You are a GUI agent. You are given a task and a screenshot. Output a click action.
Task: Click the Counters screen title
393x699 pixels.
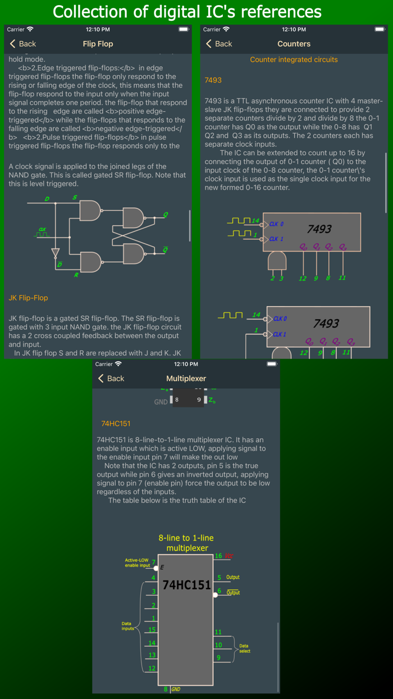point(294,44)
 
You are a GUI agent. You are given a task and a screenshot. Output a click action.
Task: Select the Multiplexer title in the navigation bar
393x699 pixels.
point(186,379)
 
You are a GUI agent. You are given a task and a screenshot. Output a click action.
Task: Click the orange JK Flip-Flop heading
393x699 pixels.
point(28,298)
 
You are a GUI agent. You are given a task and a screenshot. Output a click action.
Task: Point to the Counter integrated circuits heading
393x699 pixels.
point(294,60)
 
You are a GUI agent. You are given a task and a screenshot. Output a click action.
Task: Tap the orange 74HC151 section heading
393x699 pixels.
point(116,423)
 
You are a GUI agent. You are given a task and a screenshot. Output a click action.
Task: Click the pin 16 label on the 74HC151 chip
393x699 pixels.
point(219,556)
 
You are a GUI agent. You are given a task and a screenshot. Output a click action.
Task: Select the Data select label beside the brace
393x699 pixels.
point(245,648)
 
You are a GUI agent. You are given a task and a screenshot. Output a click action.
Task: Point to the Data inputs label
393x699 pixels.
point(128,626)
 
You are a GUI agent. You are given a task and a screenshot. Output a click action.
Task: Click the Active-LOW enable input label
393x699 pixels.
point(137,562)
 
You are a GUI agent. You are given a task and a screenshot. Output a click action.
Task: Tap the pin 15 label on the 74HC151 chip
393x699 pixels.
point(152,630)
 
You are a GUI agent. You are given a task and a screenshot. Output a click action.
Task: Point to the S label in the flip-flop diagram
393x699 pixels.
point(75,197)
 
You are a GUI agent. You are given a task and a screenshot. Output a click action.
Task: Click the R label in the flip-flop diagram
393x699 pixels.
point(76,275)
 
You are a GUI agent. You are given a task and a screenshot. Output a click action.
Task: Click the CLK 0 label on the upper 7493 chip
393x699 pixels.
point(276,224)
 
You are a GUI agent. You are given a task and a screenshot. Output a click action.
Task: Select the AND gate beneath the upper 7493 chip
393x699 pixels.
point(277,260)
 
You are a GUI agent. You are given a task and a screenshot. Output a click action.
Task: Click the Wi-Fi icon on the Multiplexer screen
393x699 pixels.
point(118,364)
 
